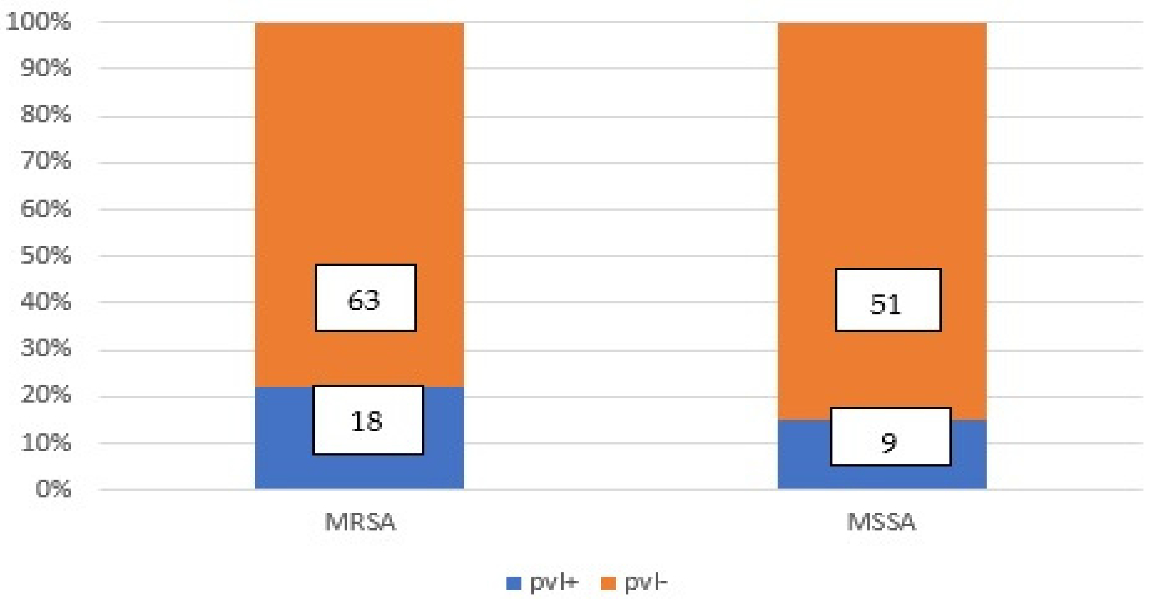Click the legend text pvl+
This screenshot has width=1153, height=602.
(554, 582)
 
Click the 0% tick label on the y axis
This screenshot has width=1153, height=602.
(53, 489)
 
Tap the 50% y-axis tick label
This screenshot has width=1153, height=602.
(45, 255)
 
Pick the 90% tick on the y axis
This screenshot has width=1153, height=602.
(45, 68)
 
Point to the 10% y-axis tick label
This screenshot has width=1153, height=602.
(45, 443)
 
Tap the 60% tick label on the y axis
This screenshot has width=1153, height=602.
(45, 209)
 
